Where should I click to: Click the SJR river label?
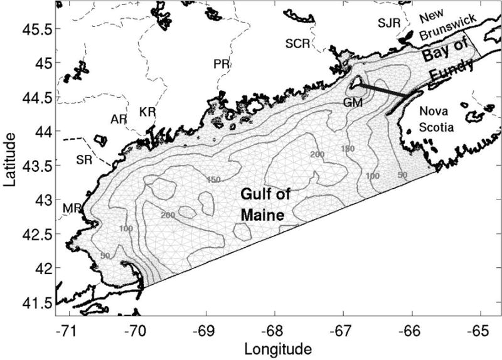388,23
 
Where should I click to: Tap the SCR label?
297,45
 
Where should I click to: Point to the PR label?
220,64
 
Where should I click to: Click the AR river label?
119,119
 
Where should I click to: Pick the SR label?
84,160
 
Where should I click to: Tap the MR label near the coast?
72,208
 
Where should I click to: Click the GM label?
353,102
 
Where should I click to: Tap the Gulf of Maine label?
265,204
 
